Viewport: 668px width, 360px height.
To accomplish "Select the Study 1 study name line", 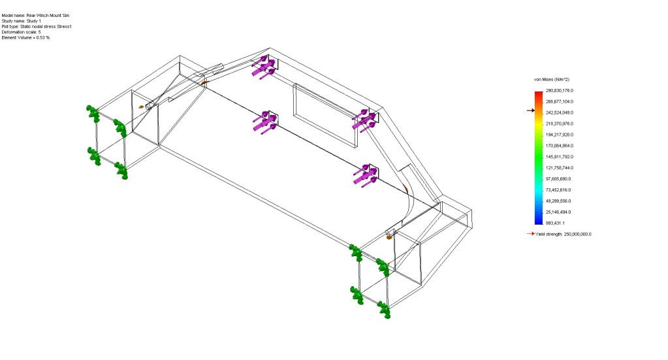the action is [x=22, y=21].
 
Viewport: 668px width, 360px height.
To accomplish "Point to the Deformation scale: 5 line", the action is [x=22, y=32].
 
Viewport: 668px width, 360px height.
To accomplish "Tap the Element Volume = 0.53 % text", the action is [x=25, y=37].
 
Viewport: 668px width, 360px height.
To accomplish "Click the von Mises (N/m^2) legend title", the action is [x=552, y=80].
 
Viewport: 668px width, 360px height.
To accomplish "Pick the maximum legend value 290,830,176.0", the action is [x=560, y=91].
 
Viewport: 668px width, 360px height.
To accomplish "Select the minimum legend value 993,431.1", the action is [x=555, y=223].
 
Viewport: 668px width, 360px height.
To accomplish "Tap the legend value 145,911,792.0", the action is [x=560, y=157].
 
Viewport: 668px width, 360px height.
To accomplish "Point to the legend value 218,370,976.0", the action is [x=560, y=123].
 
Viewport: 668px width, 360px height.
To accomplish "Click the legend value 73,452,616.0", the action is [x=558, y=190].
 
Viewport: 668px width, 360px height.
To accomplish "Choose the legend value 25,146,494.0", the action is [x=558, y=212].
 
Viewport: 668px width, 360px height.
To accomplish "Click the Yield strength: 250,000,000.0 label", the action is [x=564, y=235].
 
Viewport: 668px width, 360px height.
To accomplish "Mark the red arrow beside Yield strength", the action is [x=530, y=233].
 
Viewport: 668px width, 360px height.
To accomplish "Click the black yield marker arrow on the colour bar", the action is [x=530, y=110].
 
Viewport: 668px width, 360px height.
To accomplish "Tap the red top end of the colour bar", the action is [x=539, y=93].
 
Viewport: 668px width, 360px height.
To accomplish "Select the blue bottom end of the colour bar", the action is [x=539, y=221].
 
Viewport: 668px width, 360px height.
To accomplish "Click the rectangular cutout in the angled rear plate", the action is [x=325, y=116].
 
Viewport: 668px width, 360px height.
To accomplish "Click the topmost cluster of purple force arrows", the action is [x=264, y=67].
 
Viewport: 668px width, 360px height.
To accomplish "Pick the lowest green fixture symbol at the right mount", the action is [x=383, y=310].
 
